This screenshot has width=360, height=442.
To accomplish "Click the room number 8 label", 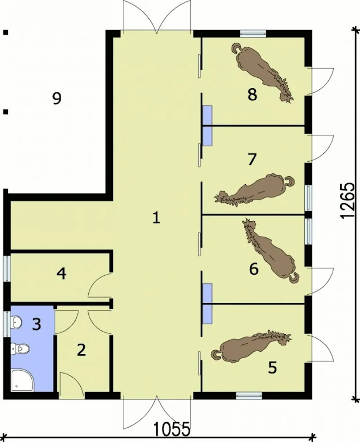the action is click(x=252, y=95).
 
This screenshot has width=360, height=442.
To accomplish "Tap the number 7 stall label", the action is click(x=252, y=159).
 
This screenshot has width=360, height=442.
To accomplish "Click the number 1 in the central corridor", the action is click(x=156, y=217).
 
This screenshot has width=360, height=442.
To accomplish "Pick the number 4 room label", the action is click(x=62, y=273).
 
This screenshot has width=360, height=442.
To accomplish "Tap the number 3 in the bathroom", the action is click(x=37, y=324).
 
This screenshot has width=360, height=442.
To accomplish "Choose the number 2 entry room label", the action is click(x=81, y=350).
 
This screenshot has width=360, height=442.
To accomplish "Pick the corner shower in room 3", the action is click(x=22, y=380).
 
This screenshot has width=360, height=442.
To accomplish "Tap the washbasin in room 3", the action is click(x=17, y=323).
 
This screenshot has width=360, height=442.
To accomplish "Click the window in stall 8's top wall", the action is click(x=253, y=34).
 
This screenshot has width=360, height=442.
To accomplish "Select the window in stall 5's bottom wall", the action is click(x=249, y=396).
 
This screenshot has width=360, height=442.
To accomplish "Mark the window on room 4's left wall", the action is click(x=7, y=269).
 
